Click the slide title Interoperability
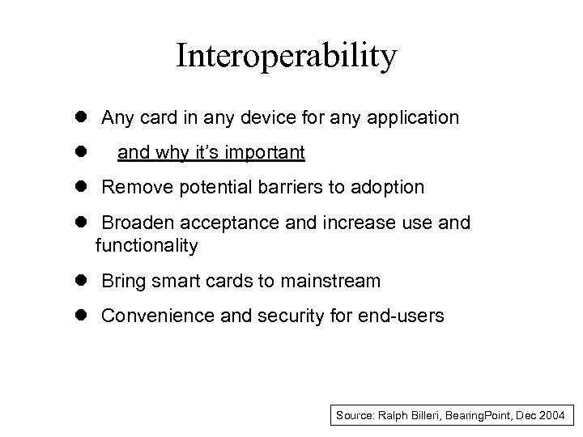pos(286,56)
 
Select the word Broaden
pos(134,223)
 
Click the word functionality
pos(146,245)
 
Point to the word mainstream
pos(330,281)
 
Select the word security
pos(289,316)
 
